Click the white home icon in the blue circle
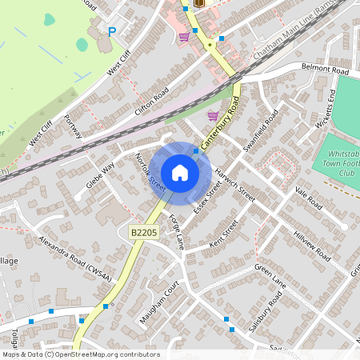pyautogui.click(x=180, y=173)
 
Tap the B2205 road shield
pyautogui.click(x=142, y=231)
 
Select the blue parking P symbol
pyautogui.click(x=112, y=32)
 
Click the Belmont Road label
pyautogui.click(x=326, y=70)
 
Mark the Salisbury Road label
pyautogui.click(x=265, y=312)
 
